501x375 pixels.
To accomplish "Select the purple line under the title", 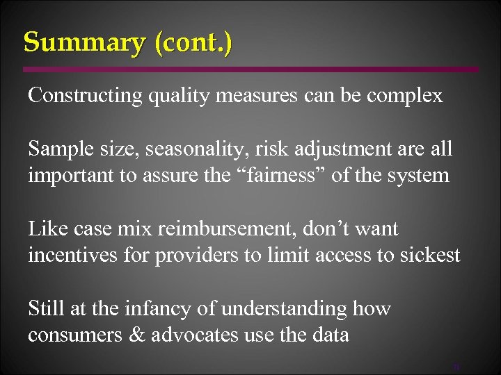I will (x=250, y=69).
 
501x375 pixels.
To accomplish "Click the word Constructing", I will (x=84, y=95).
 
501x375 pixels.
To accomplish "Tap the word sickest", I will (x=430, y=255).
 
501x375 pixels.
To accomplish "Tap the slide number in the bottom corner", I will (x=456, y=366).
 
